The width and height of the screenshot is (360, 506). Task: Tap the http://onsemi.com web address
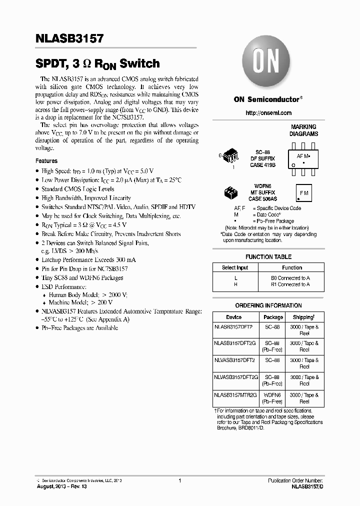(x=268, y=113)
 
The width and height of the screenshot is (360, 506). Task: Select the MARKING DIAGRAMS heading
(x=303, y=130)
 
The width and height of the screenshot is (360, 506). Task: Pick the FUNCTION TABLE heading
(x=268, y=256)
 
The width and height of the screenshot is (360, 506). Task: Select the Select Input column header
(x=235, y=267)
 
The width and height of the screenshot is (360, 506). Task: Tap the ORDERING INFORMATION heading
(x=268, y=305)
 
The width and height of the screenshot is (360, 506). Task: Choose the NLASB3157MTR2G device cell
(x=235, y=395)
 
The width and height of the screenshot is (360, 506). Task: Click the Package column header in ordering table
(x=273, y=317)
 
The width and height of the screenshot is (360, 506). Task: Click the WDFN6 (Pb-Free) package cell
(x=273, y=398)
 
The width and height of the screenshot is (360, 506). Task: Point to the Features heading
(x=46, y=161)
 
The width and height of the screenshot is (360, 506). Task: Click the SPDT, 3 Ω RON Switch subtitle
(x=97, y=64)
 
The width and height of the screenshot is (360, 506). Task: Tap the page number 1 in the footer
(x=179, y=480)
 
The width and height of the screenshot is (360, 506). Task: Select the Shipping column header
(x=304, y=317)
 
